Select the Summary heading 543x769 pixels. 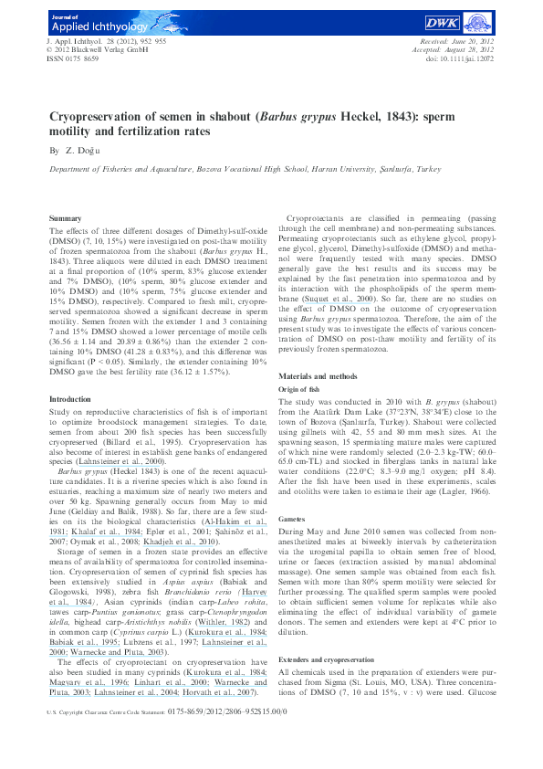tap(65, 219)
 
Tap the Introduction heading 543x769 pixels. tap(71, 398)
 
